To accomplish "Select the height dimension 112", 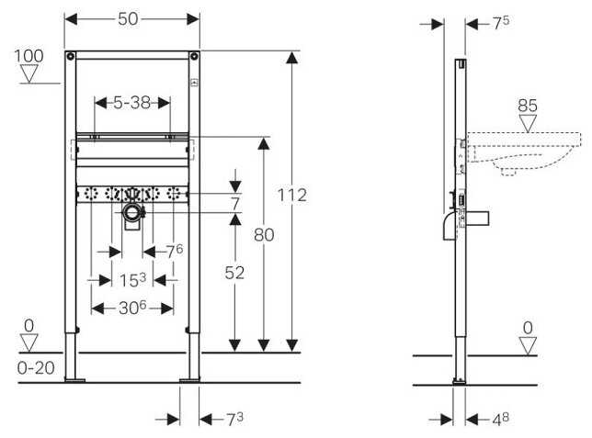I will (292, 195).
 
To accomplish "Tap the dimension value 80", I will (264, 235).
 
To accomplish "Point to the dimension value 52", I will (236, 273).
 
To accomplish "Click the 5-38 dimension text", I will (132, 104).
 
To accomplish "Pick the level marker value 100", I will (30, 56).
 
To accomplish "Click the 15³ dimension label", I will (132, 279).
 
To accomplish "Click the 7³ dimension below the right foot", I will (234, 419).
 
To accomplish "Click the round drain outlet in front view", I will (132, 214).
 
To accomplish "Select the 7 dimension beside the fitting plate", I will (235, 202).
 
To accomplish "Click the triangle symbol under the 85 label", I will (528, 123).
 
